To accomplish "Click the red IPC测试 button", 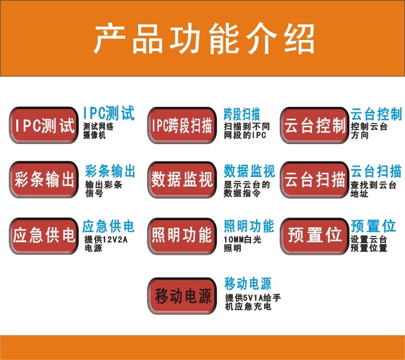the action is point(44,126).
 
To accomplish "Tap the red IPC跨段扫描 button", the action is point(181,126).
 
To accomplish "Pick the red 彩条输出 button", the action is point(44,180).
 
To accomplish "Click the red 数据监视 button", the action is point(181,180).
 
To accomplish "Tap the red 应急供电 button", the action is point(44,235).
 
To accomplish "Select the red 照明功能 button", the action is point(181,235).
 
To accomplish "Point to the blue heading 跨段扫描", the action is point(242,114).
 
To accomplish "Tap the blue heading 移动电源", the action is point(247,283).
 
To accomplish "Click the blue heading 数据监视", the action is point(249,171).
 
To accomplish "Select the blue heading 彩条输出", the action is point(110,171).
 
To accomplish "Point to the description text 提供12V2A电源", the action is point(105,243).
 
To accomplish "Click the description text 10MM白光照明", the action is point(242,243).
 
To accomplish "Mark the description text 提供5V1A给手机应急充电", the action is point(252,302).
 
